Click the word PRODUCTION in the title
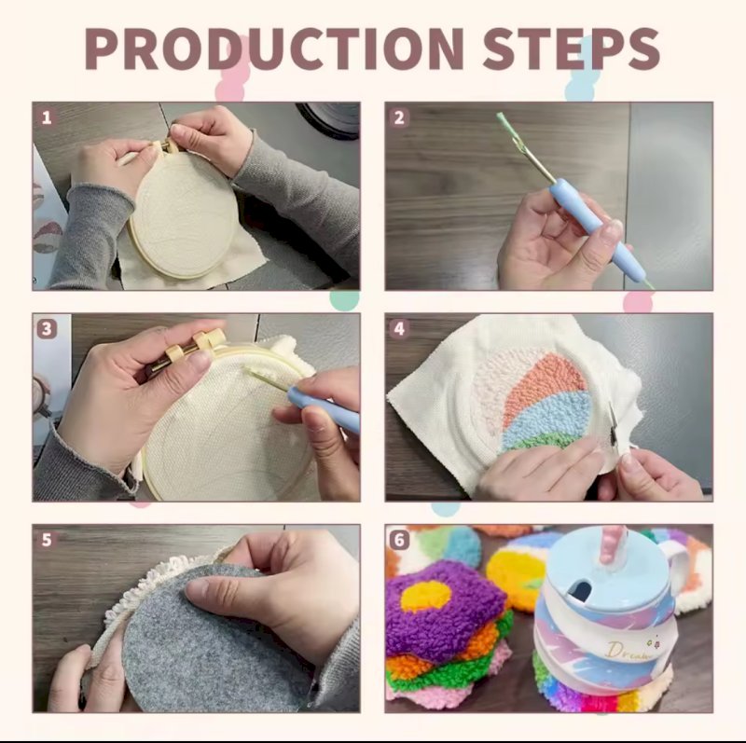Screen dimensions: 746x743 coord(274,48)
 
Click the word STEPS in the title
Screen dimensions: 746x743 coord(571,48)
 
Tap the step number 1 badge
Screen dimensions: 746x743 coord(46,117)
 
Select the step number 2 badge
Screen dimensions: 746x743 coord(399,117)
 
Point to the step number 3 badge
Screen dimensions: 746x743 coord(46,329)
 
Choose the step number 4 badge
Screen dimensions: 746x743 coord(399,329)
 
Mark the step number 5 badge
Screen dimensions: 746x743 coord(46,540)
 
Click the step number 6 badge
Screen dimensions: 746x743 coord(399,540)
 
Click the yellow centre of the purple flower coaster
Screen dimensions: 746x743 coord(426,596)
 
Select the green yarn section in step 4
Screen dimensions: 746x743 coord(538,443)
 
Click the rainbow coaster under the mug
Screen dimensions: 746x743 coord(595,690)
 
